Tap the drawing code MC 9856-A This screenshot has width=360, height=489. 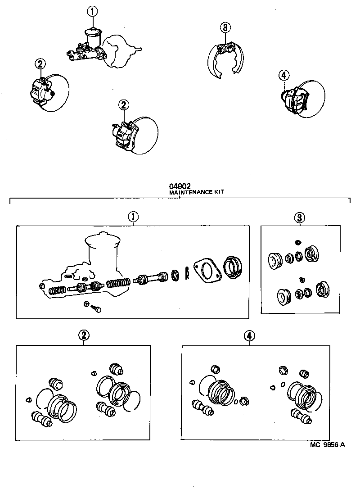click(x=327, y=445)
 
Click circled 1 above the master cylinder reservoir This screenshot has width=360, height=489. click(x=92, y=12)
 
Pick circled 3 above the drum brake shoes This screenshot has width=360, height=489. click(x=225, y=27)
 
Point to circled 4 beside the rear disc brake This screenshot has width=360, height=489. click(x=283, y=75)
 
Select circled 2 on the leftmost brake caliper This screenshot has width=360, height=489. click(x=40, y=64)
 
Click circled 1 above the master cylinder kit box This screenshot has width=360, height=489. click(x=133, y=217)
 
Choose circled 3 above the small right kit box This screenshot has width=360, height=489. click(x=300, y=217)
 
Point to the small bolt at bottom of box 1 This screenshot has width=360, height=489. click(x=96, y=308)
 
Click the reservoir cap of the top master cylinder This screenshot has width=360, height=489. click(x=93, y=31)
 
